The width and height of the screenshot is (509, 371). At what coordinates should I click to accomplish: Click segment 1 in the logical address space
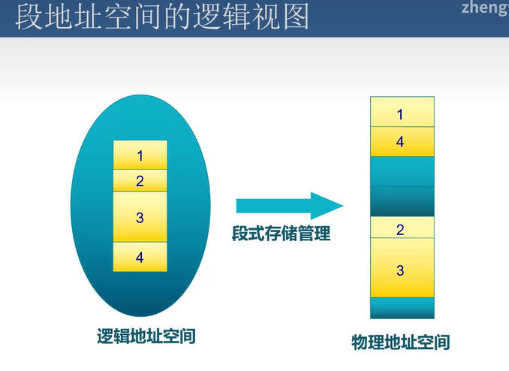pyautogui.click(x=140, y=155)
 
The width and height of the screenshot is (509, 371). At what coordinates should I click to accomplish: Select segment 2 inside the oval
pyautogui.click(x=140, y=181)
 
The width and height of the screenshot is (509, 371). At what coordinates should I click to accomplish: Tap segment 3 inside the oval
pyautogui.click(x=140, y=217)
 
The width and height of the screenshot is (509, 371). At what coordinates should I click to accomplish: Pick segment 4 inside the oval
pyautogui.click(x=140, y=257)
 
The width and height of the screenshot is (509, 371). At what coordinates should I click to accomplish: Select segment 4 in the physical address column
pyautogui.click(x=402, y=141)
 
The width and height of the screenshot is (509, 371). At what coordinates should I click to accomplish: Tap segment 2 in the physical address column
pyautogui.click(x=402, y=228)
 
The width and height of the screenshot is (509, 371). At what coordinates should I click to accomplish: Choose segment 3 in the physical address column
pyautogui.click(x=402, y=268)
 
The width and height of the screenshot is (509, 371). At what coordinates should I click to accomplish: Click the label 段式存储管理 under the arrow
pyautogui.click(x=281, y=234)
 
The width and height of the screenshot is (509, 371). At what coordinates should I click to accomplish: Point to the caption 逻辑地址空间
pyautogui.click(x=146, y=336)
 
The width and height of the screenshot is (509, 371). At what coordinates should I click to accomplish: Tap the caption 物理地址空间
pyautogui.click(x=401, y=342)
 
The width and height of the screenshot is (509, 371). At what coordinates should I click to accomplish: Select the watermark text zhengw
pyautogui.click(x=485, y=8)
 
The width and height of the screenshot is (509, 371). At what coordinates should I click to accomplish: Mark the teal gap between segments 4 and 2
pyautogui.click(x=402, y=186)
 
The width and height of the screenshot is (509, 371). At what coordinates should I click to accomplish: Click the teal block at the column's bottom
pyautogui.click(x=402, y=308)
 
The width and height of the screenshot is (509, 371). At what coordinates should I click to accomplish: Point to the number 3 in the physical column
pyautogui.click(x=400, y=270)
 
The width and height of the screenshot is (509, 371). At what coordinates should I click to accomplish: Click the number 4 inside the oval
pyautogui.click(x=140, y=258)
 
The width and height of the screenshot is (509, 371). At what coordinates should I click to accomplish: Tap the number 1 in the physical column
pyautogui.click(x=400, y=115)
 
